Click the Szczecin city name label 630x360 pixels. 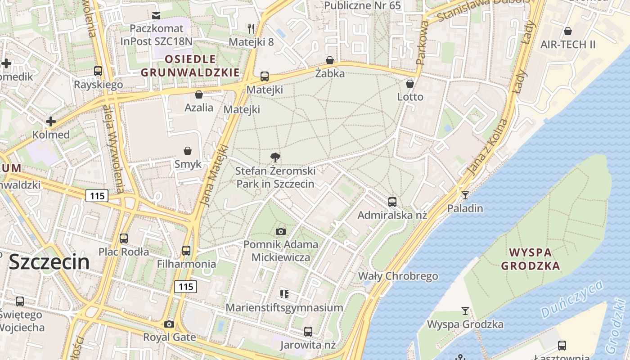49,262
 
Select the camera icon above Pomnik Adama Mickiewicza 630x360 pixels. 281,231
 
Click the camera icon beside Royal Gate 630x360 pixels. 169,324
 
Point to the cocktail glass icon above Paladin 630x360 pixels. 465,195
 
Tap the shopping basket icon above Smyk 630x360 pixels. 188,151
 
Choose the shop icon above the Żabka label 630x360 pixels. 330,60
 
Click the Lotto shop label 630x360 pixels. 410,97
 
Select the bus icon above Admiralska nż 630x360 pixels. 392,202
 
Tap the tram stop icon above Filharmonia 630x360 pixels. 186,250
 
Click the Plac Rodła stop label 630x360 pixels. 124,252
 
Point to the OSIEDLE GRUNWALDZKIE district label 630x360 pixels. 190,66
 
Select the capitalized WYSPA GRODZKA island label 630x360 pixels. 531,259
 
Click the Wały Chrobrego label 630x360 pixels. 398,276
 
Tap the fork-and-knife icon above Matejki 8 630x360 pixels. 251,29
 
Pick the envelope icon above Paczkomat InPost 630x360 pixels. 156,16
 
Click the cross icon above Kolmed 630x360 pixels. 51,121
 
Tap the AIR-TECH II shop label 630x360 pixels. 568,45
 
